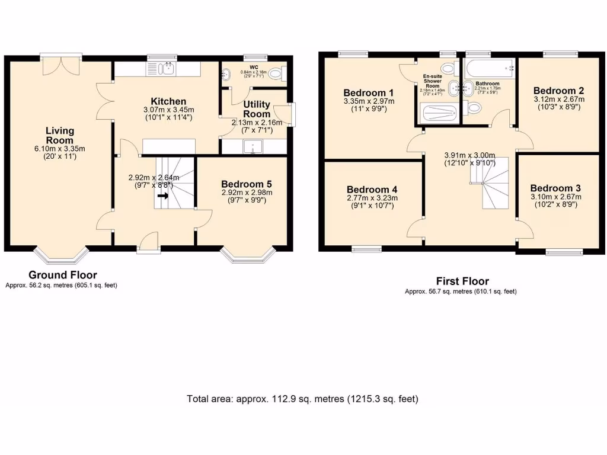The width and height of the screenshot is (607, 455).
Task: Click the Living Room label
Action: (x=60, y=135)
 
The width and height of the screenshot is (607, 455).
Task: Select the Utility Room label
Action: (x=257, y=109)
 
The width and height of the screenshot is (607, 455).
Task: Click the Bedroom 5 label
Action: (x=246, y=183)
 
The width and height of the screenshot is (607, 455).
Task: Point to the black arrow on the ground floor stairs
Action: (x=162, y=195)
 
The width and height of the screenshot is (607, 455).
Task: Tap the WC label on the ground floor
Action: (x=254, y=67)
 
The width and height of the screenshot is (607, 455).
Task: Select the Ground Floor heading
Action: (x=63, y=275)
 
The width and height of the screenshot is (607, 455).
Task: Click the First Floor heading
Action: (x=462, y=281)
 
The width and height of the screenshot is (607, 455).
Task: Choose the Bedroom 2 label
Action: (x=558, y=91)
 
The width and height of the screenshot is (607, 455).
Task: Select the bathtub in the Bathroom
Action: (x=490, y=68)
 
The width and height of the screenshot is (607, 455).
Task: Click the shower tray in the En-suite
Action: (x=438, y=113)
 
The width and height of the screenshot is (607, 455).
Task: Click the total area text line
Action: (x=303, y=399)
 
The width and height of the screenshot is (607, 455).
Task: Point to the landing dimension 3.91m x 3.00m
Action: (x=469, y=156)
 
